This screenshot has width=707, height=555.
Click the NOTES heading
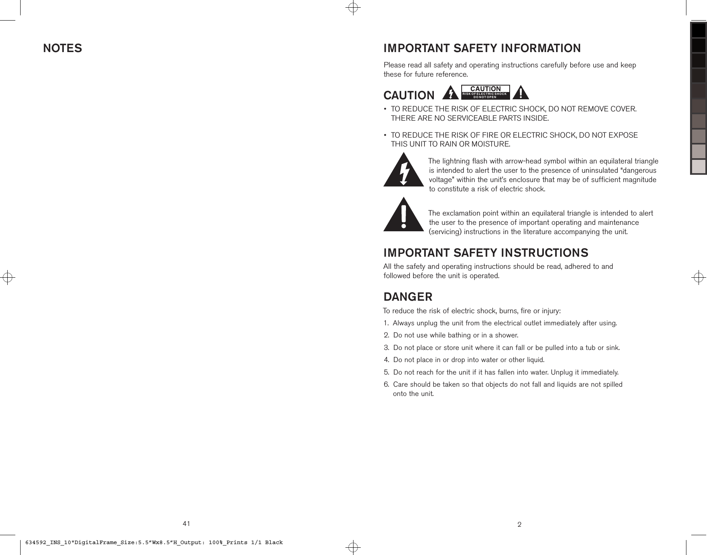pyautogui.click(x=63, y=48)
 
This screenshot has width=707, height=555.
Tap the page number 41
pyautogui.click(x=186, y=524)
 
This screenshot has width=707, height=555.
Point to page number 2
pyautogui.click(x=519, y=525)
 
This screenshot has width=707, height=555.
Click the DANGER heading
pyautogui.click(x=408, y=297)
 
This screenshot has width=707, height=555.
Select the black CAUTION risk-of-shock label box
pyautogui.click(x=485, y=92)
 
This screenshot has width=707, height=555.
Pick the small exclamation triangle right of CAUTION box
pyautogui.click(x=521, y=93)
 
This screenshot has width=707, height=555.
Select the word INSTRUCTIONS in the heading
pyautogui.click(x=544, y=253)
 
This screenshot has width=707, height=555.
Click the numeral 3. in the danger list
pyautogui.click(x=387, y=348)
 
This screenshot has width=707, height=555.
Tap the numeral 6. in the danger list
pyautogui.click(x=387, y=384)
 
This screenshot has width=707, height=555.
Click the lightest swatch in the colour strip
pyautogui.click(x=699, y=166)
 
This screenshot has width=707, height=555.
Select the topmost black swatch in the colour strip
pyautogui.click(x=699, y=30)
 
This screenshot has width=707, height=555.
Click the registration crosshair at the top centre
pyautogui.click(x=353, y=8)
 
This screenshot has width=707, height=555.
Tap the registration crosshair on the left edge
pyautogui.click(x=8, y=278)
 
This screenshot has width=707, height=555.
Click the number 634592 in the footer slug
pyautogui.click(x=36, y=542)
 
